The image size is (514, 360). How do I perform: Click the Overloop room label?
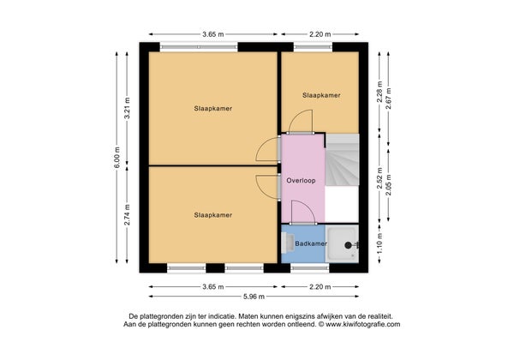click(x=301, y=181)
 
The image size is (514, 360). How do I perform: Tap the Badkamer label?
click(x=311, y=243)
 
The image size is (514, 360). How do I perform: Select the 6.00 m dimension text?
click(x=117, y=158)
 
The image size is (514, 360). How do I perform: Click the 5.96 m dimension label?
click(x=254, y=297)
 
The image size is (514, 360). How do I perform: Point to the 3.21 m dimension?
click(x=127, y=108)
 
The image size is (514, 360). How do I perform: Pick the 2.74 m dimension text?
click(x=127, y=215)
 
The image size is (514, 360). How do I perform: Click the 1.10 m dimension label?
click(x=380, y=243)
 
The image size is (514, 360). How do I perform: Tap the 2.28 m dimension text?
click(x=380, y=92)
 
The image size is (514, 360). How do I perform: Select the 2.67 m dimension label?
click(x=389, y=99)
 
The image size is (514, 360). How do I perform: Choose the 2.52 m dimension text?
click(x=380, y=178)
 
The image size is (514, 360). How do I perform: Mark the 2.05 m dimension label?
click(x=389, y=185)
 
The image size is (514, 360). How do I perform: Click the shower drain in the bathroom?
click(x=348, y=245)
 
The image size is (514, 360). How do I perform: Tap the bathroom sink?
click(x=288, y=243)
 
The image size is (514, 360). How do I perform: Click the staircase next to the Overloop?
click(x=342, y=159)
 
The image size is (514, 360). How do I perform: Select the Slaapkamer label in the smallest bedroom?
click(x=321, y=95)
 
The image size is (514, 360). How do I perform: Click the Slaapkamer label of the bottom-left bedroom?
click(x=213, y=215)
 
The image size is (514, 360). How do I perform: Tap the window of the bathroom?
click(x=310, y=268)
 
